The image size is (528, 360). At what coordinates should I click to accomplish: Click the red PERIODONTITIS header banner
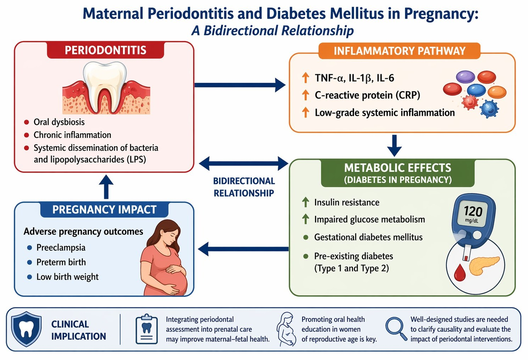(105, 50)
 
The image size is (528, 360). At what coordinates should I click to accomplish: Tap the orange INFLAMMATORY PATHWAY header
(399, 51)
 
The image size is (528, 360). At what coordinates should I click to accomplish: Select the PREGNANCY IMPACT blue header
(105, 209)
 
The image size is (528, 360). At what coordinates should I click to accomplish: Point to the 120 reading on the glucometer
(473, 211)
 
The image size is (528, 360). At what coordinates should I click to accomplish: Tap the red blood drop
(460, 273)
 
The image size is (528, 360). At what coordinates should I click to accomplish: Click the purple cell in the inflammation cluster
(465, 77)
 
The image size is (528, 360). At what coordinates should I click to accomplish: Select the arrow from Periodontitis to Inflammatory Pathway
(240, 85)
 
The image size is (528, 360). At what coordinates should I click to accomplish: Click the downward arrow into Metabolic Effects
(394, 146)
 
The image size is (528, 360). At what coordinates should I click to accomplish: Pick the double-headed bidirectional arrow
(243, 163)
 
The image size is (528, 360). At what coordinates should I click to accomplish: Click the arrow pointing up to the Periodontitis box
(106, 187)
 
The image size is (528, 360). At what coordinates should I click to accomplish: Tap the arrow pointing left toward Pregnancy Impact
(243, 249)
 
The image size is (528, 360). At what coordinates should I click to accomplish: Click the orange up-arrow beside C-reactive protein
(305, 95)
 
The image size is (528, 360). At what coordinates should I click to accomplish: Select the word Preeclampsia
(61, 248)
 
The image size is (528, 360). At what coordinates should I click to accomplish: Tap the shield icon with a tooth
(26, 329)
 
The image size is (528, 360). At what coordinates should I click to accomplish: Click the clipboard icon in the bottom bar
(147, 329)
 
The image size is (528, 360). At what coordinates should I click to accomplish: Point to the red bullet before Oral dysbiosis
(26, 122)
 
